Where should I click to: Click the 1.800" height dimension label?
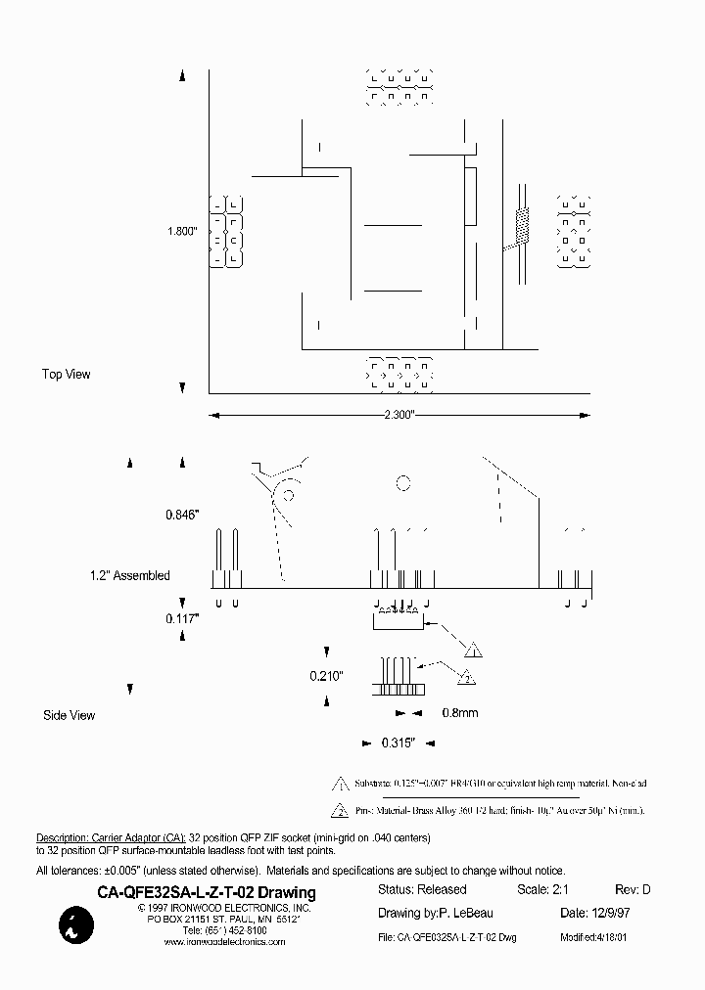(182, 232)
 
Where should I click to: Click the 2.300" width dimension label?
(399, 416)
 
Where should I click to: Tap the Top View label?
(66, 375)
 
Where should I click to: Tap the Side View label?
(70, 715)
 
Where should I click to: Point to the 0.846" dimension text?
(182, 513)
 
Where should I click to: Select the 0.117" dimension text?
(182, 618)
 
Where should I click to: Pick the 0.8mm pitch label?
(459, 712)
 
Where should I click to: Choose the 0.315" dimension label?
(399, 743)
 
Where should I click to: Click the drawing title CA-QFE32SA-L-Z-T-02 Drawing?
(207, 892)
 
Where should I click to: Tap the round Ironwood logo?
(73, 925)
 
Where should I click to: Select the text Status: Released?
(422, 890)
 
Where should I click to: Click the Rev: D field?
(632, 890)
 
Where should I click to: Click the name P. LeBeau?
(466, 914)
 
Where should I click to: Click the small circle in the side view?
(401, 481)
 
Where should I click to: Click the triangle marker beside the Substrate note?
(340, 784)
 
